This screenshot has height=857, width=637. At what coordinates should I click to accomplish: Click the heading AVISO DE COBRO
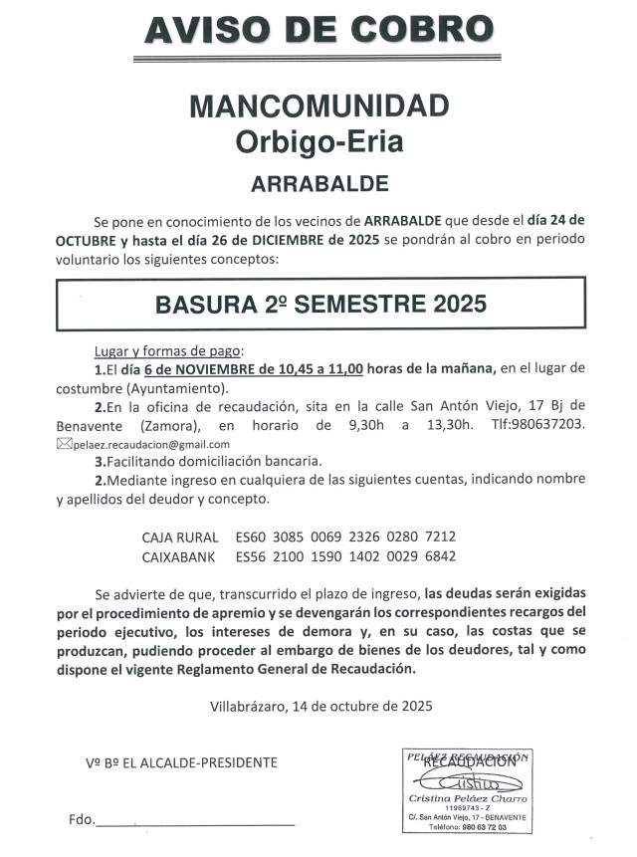coord(318,30)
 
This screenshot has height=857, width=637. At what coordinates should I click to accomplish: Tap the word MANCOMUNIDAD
coord(318,106)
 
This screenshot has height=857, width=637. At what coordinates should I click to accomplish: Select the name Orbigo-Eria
coord(318,141)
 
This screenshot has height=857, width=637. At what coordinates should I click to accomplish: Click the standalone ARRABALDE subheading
coord(318,183)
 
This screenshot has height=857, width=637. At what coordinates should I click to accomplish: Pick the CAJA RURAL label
coord(180,536)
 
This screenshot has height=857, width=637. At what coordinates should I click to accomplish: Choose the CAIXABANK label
coord(180,556)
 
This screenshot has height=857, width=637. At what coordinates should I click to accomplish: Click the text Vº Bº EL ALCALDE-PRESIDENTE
coord(181,762)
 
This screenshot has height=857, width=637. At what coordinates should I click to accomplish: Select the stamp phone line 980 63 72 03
coord(467,827)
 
